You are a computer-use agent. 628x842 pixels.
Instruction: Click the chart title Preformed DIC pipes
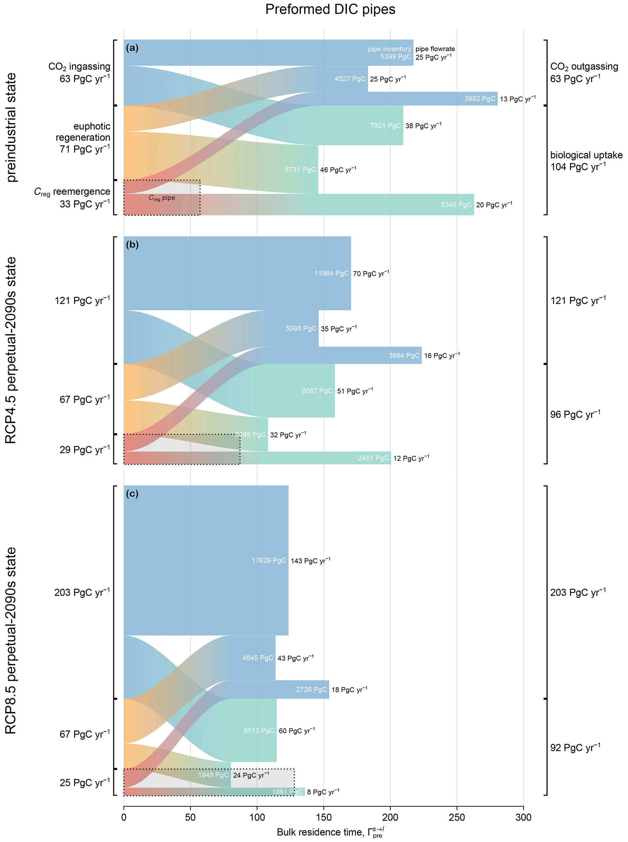330,9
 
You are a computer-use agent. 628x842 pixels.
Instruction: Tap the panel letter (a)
132,48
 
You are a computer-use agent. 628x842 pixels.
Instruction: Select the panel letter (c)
132,494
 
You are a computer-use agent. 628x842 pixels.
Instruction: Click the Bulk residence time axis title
330,833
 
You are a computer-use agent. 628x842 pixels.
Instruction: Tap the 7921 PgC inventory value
386,126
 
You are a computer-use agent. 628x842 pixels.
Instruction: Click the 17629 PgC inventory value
269,560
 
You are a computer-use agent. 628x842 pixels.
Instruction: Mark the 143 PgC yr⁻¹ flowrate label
311,560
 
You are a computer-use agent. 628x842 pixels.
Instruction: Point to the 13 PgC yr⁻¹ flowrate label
517,99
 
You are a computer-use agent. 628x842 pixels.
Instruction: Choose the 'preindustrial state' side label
12,127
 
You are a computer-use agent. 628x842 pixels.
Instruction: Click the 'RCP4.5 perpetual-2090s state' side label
12,350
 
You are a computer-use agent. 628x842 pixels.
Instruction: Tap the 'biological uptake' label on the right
586,155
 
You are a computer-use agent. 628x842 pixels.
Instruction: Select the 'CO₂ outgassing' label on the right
584,67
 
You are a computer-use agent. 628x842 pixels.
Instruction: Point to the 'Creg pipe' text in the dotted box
162,198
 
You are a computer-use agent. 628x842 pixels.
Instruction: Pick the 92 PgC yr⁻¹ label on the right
575,748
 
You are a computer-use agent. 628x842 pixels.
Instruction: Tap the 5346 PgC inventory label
456,205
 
